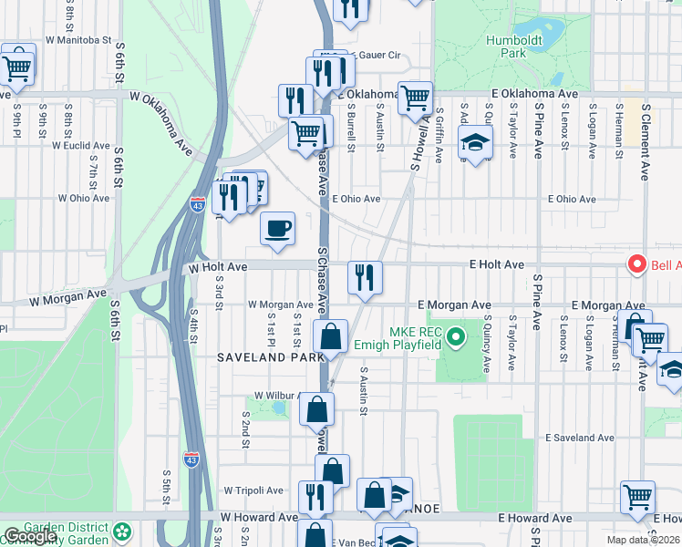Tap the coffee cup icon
[277, 229]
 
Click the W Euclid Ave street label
[83, 146]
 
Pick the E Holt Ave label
[497, 264]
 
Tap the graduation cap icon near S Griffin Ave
[475, 142]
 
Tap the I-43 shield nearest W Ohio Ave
[197, 205]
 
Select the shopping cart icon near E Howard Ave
[637, 497]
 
